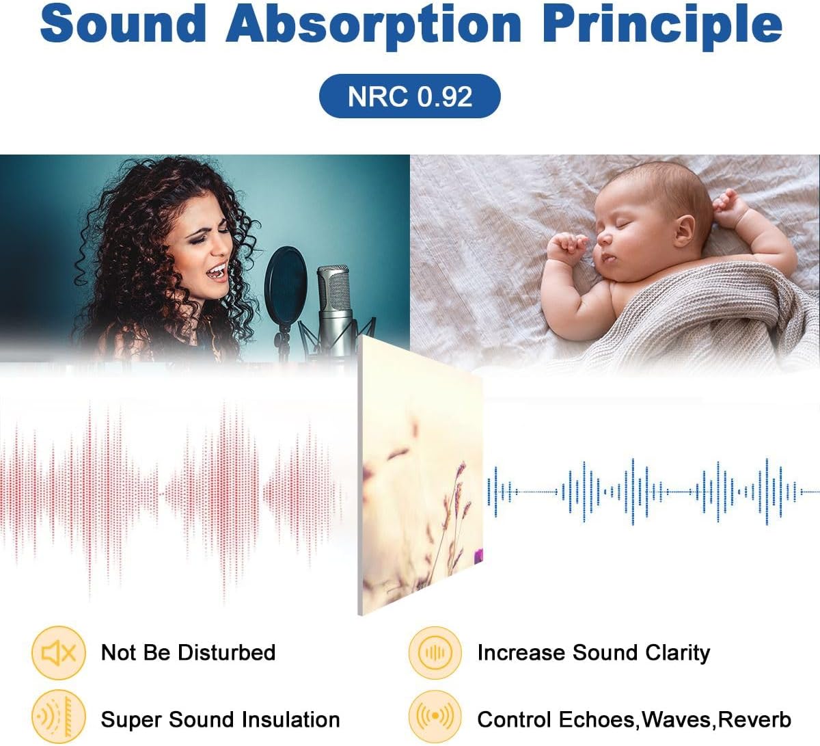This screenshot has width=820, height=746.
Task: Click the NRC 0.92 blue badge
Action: click(409, 96)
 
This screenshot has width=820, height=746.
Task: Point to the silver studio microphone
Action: click(334, 307)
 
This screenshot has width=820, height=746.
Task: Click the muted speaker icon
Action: click(59, 653)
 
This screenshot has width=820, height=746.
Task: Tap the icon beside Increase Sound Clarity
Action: click(435, 653)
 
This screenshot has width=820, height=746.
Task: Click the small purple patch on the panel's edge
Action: click(478, 556)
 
